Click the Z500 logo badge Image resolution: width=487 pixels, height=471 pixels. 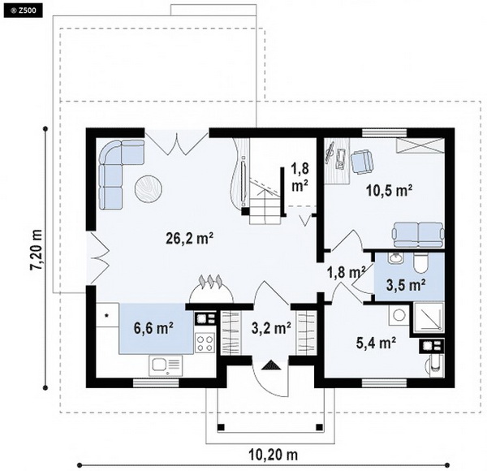(x=24, y=11)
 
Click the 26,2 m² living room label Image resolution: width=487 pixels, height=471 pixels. (x=189, y=239)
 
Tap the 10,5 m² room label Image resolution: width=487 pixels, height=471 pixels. (x=390, y=190)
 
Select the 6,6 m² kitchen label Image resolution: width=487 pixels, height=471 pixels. (x=153, y=328)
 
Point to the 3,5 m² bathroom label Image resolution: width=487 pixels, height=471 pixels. (x=406, y=285)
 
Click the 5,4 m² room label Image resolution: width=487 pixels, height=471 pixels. (x=376, y=344)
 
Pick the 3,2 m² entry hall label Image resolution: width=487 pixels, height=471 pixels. (x=271, y=328)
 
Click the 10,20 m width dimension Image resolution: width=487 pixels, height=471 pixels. (x=274, y=455)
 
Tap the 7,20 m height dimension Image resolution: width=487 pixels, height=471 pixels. (x=36, y=250)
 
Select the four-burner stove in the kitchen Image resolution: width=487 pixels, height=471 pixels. (x=205, y=343)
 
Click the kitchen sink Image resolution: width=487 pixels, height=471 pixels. (x=166, y=365)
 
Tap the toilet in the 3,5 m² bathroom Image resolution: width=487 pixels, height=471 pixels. (x=420, y=262)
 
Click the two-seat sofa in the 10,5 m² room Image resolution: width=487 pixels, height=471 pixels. (x=418, y=235)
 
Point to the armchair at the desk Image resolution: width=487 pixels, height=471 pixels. (x=361, y=162)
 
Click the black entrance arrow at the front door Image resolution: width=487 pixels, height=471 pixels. (x=271, y=365)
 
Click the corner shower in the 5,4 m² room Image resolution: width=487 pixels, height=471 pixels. (x=428, y=316)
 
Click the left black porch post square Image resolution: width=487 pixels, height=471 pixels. (x=221, y=427)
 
